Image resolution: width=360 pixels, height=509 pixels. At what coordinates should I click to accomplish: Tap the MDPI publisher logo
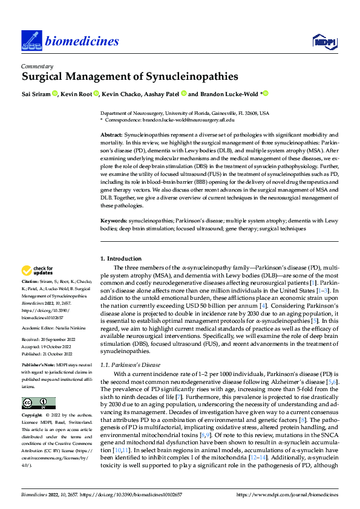[324, 41]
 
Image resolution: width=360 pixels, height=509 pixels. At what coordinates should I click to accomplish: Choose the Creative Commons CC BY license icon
[38, 403]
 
